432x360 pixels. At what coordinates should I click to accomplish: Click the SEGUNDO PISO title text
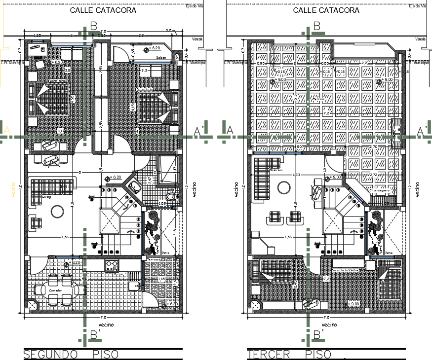point(71,355)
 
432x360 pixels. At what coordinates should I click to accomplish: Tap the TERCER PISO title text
point(289,355)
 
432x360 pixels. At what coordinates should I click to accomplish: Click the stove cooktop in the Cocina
point(112,266)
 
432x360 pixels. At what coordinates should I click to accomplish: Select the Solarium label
point(276,171)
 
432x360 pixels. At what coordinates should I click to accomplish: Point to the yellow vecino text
point(12,190)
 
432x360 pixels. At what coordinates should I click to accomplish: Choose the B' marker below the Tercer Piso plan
point(317,335)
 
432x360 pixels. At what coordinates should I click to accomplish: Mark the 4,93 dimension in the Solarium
point(296,175)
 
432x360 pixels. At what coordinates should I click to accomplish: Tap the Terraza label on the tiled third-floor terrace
point(318,99)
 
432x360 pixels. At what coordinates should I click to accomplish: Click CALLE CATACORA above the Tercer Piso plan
point(326,10)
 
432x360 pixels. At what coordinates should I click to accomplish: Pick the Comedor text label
point(54,290)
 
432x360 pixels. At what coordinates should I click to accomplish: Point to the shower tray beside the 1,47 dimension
point(167,169)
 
